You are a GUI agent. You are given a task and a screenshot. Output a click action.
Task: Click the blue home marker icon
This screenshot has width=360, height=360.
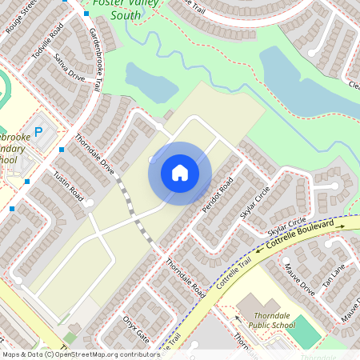[x=180, y=173]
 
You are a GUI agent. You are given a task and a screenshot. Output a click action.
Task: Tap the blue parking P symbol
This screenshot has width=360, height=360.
[x=38, y=131]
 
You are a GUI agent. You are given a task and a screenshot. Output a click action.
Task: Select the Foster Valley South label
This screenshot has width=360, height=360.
[x=118, y=9]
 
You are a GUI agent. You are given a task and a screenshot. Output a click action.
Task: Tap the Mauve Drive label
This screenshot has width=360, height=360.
[x=300, y=282]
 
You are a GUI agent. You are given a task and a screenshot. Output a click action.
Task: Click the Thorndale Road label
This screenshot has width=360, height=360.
[x=186, y=279]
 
